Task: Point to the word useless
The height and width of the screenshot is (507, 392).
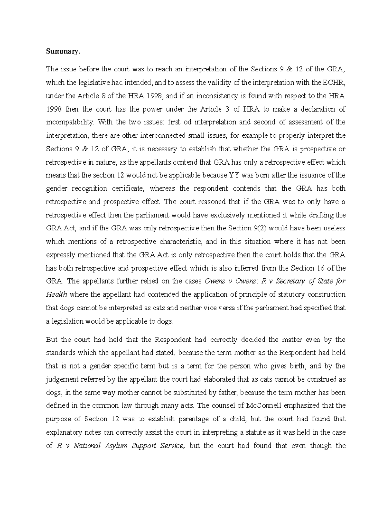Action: click(334, 228)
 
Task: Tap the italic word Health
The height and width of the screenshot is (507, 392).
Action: click(57, 295)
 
